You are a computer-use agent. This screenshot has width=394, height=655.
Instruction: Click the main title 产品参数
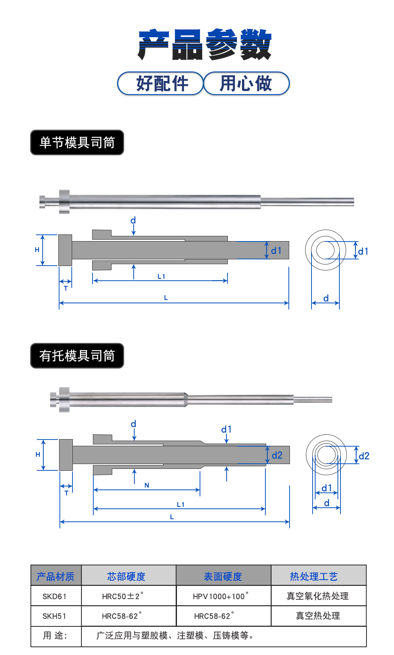click(205, 45)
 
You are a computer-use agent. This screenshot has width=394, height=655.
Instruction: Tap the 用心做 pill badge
click(246, 83)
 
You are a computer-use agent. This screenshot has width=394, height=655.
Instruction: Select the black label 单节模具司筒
click(77, 142)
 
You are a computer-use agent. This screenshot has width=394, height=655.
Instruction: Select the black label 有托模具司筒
click(77, 356)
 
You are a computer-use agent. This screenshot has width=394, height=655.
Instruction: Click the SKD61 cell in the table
click(55, 596)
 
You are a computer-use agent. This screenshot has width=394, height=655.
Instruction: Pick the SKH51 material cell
click(55, 616)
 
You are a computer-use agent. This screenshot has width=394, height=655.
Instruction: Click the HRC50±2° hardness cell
click(122, 596)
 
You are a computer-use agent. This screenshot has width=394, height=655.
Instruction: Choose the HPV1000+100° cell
click(220, 596)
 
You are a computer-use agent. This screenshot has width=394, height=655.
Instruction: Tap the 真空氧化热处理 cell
click(317, 596)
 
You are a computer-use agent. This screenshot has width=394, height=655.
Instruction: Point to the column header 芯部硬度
click(126, 576)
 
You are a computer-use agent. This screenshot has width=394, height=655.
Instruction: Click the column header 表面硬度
click(223, 576)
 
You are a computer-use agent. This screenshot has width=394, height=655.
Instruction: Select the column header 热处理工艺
click(314, 576)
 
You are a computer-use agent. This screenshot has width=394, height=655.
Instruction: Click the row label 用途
click(55, 636)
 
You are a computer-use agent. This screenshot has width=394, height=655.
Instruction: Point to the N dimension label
click(147, 485)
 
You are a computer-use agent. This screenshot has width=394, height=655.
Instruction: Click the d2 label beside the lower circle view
click(364, 456)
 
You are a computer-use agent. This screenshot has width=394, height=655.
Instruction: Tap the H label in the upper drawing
click(37, 250)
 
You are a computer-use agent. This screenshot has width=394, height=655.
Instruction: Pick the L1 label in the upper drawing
click(161, 276)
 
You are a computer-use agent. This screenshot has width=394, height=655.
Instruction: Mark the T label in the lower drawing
click(67, 493)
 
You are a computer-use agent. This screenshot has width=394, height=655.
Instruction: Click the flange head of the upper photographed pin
click(64, 202)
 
